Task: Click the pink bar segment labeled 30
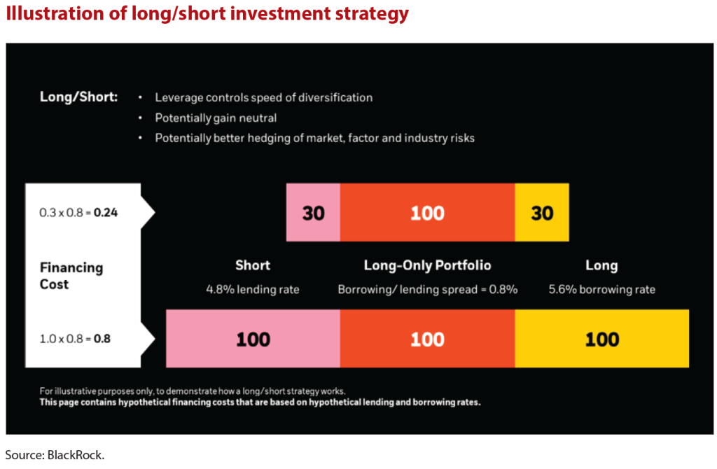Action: [x=313, y=213]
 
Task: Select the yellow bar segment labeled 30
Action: [x=542, y=213]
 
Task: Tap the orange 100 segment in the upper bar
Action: [x=427, y=213]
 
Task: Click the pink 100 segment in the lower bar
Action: [x=253, y=339]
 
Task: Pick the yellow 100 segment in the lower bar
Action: [x=601, y=339]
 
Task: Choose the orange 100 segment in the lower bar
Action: [x=427, y=339]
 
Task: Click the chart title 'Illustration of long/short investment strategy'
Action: [x=207, y=14]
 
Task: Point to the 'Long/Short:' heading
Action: [x=78, y=97]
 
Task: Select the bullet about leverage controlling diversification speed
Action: [x=263, y=97]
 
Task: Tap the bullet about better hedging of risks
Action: [x=314, y=138]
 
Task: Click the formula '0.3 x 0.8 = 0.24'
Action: [x=78, y=212]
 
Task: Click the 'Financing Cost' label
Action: [x=71, y=276]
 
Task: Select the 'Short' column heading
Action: [x=253, y=265]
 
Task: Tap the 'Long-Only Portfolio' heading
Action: [x=427, y=265]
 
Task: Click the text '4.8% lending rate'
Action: [x=253, y=289]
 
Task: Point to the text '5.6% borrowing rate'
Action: [x=601, y=289]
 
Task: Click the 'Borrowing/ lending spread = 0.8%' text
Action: [x=427, y=289]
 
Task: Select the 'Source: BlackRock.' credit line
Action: [x=55, y=455]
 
